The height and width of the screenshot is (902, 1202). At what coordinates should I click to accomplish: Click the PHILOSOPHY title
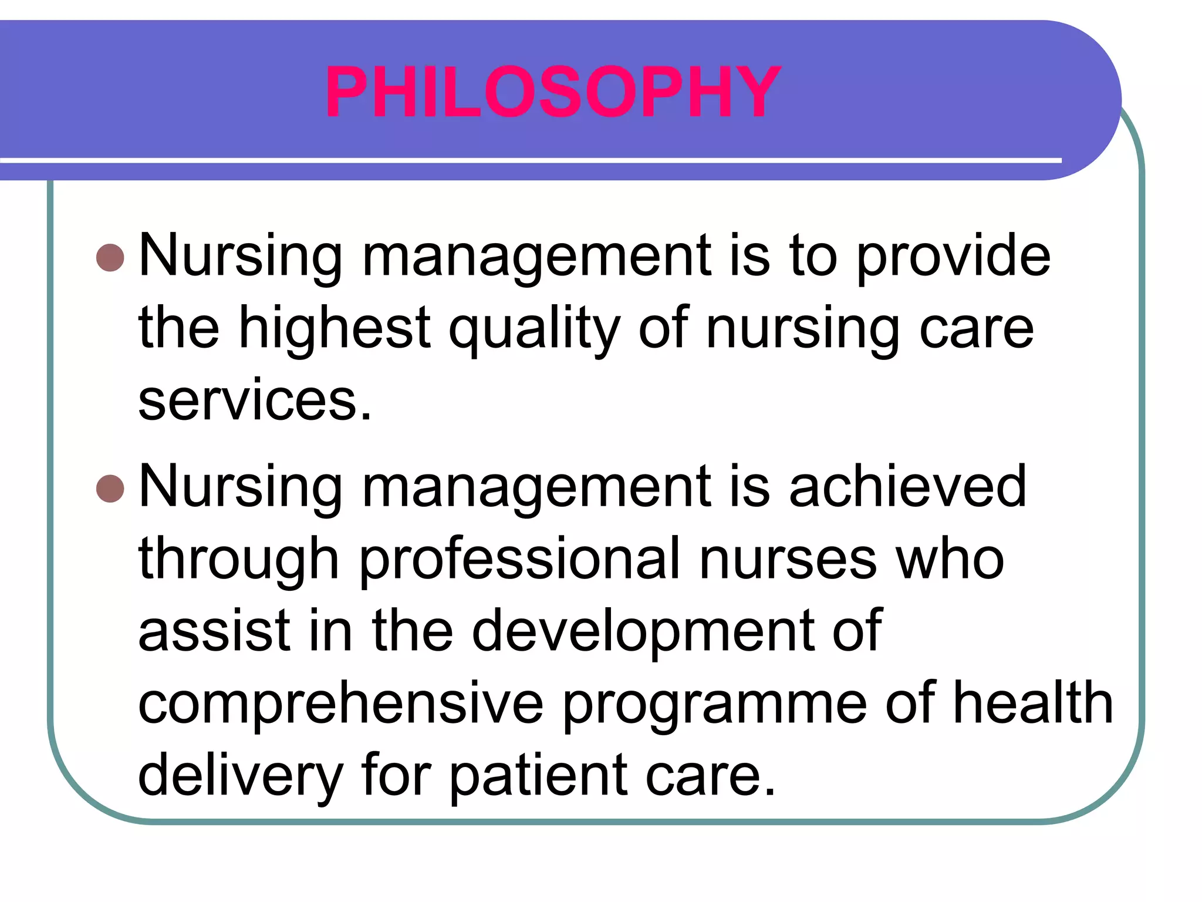[553, 92]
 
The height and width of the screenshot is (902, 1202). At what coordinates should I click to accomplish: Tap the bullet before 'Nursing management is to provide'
[110, 257]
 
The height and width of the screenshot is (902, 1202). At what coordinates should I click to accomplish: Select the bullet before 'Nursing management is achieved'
[110, 489]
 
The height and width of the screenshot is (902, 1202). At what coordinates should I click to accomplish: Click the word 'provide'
[953, 257]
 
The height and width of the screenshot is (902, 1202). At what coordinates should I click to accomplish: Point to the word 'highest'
[335, 329]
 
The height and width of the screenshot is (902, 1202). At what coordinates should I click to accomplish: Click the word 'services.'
[255, 400]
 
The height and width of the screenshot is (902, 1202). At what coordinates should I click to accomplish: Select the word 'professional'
[520, 561]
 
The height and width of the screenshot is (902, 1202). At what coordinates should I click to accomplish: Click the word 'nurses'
[788, 561]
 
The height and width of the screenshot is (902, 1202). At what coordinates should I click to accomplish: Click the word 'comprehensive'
[341, 704]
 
